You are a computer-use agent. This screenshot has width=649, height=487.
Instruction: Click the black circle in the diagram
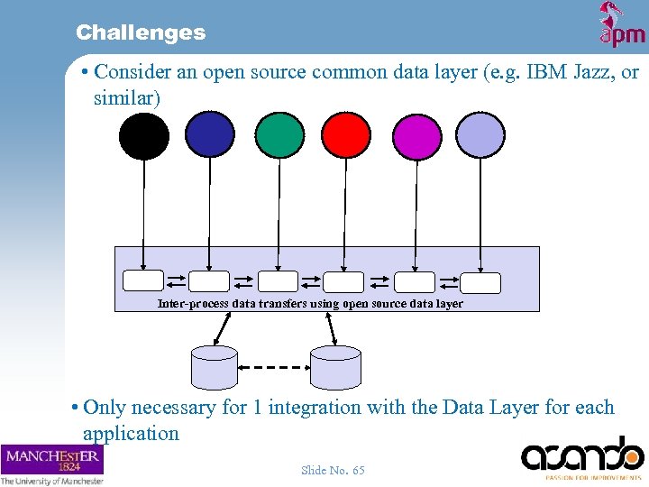[144, 136]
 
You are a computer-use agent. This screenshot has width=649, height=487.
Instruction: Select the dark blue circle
[210, 134]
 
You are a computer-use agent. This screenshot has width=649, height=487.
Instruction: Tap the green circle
[279, 134]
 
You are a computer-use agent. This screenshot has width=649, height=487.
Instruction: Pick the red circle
[347, 135]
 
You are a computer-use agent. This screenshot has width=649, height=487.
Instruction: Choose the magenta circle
[416, 136]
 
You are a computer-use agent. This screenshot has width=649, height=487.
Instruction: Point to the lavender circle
[480, 135]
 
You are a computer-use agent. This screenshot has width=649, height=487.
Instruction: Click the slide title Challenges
[141, 32]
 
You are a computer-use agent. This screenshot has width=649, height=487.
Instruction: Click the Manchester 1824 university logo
[52, 464]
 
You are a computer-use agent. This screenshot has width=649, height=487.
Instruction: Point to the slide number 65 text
[333, 471]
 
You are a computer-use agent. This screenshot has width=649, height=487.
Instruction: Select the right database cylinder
[335, 367]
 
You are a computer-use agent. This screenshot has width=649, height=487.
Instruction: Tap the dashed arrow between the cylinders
[274, 367]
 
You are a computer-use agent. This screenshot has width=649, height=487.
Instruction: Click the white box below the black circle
[143, 281]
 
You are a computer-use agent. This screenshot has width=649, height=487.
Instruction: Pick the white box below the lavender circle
[480, 283]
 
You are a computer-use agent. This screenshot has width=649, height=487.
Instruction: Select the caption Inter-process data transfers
[310, 304]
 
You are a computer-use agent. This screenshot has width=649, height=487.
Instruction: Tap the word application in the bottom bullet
[131, 433]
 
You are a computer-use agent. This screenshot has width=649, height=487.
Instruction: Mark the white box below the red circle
[343, 282]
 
